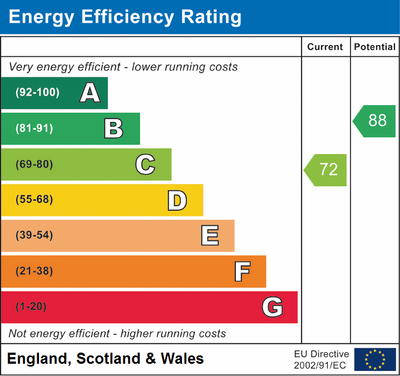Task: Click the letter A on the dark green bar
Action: pyautogui.click(x=90, y=93)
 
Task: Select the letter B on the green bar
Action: pyautogui.click(x=113, y=128)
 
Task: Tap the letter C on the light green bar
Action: pyautogui.click(x=145, y=165)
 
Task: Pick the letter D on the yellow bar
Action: pyautogui.click(x=177, y=200)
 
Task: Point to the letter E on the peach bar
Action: pyautogui.click(x=209, y=236)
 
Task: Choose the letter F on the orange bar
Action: pyautogui.click(x=241, y=271)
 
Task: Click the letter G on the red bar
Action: pyautogui.click(x=273, y=307)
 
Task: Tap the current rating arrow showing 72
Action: pyautogui.click(x=326, y=170)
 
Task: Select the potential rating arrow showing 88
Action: pyautogui.click(x=375, y=121)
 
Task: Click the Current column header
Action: pyautogui.click(x=325, y=47)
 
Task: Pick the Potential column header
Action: pyautogui.click(x=375, y=47)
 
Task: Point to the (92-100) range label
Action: pyautogui.click(x=37, y=93)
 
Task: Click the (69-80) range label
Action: pyautogui.click(x=34, y=165)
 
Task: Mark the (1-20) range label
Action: pyautogui.click(x=32, y=307)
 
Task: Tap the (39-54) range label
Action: pyautogui.click(x=34, y=236)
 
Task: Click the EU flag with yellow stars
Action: pyautogui.click(x=375, y=359)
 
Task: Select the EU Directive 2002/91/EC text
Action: pyautogui.click(x=322, y=359)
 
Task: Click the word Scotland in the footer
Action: pyautogui.click(x=108, y=359)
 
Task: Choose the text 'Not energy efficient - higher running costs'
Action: pyautogui.click(x=117, y=334)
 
